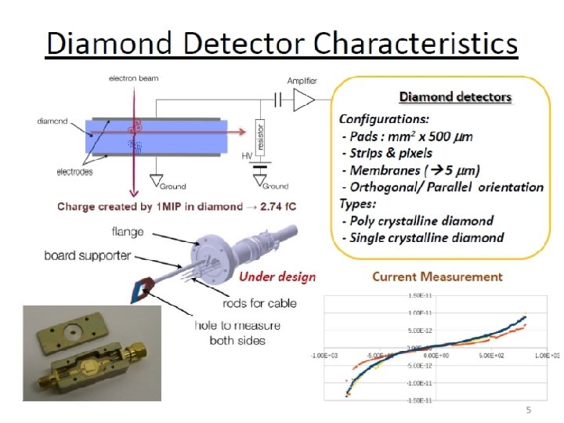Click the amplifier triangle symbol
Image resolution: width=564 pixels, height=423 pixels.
(x=305, y=99)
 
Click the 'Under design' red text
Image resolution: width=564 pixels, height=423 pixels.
(x=277, y=277)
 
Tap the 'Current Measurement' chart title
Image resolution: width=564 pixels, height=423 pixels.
(x=437, y=277)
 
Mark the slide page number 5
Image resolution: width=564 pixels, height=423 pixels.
(x=528, y=410)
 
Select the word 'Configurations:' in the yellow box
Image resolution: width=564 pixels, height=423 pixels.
(x=383, y=119)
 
